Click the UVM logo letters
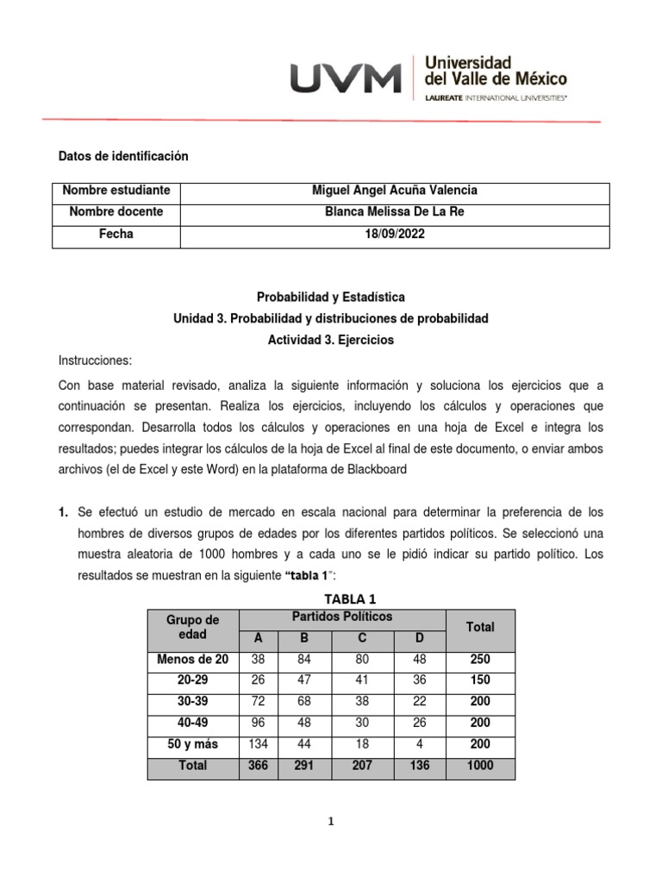[346, 78]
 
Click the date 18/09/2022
[395, 235]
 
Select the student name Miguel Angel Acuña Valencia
[394, 191]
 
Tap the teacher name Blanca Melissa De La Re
[395, 212]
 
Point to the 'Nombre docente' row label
[116, 212]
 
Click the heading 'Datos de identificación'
[122, 156]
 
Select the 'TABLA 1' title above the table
[349, 599]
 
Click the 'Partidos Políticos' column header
[341, 617]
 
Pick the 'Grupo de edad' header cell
[193, 627]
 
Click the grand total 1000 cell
[479, 765]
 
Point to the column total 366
[258, 765]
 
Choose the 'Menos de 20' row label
[193, 660]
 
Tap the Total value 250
[479, 660]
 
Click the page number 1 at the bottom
[331, 822]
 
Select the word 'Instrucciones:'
[96, 361]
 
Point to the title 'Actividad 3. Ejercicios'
[331, 341]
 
